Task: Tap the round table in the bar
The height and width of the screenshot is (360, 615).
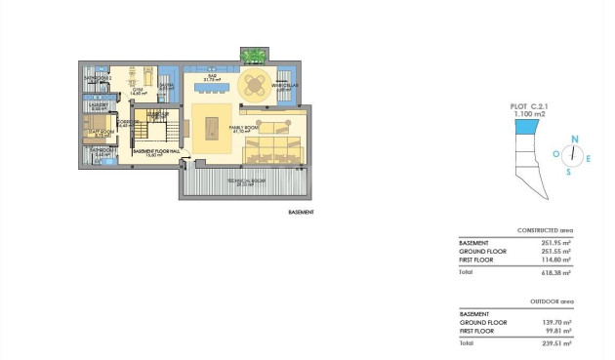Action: tap(256, 84)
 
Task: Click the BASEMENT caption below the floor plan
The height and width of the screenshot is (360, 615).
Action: tap(301, 212)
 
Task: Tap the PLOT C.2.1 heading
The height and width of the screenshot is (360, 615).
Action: tap(529, 107)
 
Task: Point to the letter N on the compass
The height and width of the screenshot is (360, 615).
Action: tap(576, 140)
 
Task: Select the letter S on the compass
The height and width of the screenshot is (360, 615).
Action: tap(568, 171)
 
